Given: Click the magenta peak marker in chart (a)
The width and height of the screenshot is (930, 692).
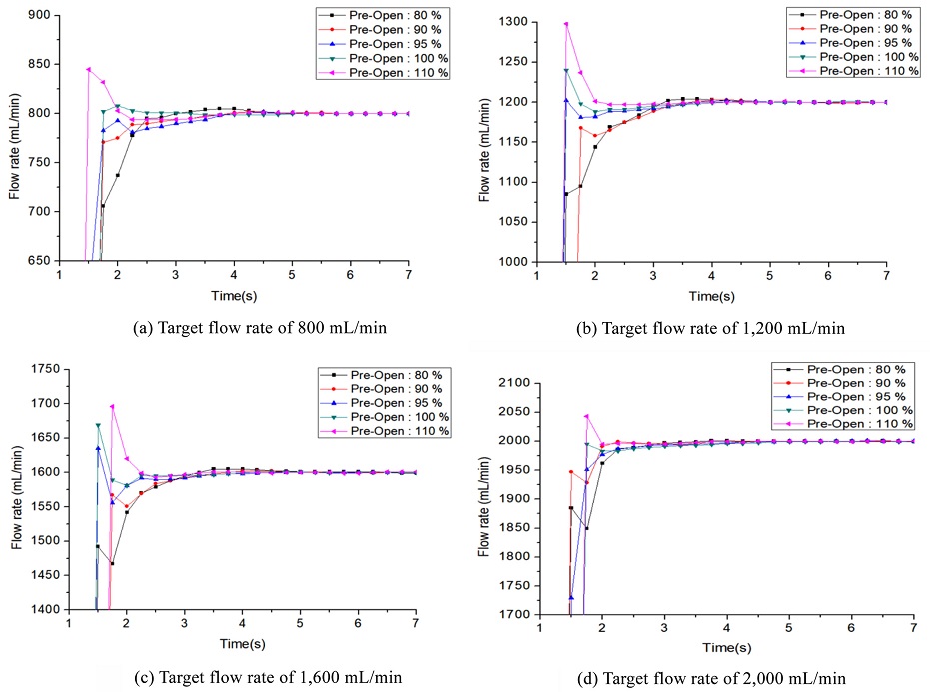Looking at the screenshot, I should pyautogui.click(x=88, y=69).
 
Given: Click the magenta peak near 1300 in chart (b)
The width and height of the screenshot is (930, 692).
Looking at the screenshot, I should pyautogui.click(x=566, y=24).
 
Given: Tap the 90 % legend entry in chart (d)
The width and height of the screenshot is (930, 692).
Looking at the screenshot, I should pyautogui.click(x=857, y=383).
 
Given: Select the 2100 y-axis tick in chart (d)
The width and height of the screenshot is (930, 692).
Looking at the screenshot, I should pyautogui.click(x=513, y=382).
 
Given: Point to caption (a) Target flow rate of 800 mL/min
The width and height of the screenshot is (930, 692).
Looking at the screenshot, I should pyautogui.click(x=233, y=327).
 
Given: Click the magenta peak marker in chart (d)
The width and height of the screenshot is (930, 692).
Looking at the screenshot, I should pyautogui.click(x=586, y=416).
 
